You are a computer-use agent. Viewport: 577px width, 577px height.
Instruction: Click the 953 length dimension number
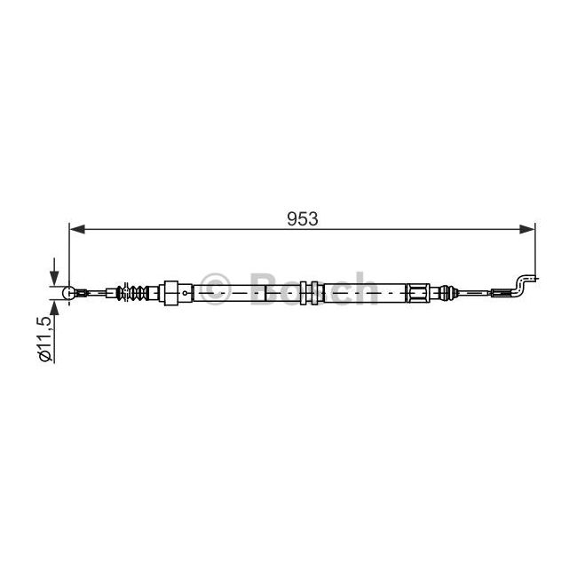(302, 219)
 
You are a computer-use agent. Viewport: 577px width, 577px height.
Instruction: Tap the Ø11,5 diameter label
(45, 339)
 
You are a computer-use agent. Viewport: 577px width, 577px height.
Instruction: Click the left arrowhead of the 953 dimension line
(77, 229)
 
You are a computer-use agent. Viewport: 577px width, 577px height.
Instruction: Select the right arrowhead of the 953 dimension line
(527, 229)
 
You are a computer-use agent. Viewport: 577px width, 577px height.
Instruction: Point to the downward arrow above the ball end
(54, 272)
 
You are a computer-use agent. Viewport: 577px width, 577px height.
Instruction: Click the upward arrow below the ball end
(54, 312)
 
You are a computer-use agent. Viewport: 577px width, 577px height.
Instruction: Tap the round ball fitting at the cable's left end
(69, 293)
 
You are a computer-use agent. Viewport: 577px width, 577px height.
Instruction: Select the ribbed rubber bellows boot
(131, 293)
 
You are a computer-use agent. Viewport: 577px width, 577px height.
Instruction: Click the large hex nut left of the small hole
(170, 293)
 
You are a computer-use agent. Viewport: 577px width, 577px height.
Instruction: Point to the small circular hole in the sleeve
(185, 293)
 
